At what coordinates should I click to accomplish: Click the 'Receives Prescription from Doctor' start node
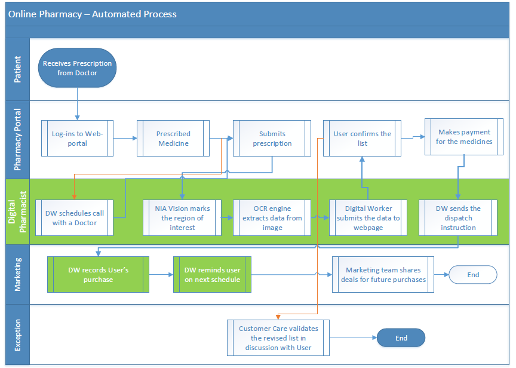click(77, 68)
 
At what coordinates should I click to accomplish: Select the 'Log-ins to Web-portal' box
click(77, 138)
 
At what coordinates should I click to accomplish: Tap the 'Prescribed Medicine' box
click(173, 138)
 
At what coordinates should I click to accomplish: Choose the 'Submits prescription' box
click(272, 138)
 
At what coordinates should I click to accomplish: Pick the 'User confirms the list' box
click(362, 138)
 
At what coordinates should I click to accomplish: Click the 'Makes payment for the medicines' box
click(464, 137)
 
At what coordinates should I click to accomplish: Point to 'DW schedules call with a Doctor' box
click(75, 217)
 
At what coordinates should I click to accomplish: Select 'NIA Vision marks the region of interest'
click(182, 217)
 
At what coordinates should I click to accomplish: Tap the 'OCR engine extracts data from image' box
click(272, 217)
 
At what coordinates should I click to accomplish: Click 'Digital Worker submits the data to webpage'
click(368, 217)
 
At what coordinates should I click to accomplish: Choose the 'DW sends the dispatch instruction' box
click(458, 217)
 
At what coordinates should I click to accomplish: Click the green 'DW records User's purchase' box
click(98, 275)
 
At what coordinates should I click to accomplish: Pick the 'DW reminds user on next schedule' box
click(212, 275)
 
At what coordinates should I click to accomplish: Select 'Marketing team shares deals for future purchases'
click(383, 275)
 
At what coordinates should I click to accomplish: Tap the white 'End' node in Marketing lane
click(473, 275)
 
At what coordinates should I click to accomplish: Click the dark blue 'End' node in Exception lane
click(401, 338)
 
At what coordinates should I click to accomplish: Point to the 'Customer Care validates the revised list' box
click(278, 338)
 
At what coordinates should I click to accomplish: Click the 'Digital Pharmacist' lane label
click(17, 211)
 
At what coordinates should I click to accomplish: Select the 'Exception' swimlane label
click(17, 335)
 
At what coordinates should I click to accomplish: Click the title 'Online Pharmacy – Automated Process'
click(93, 14)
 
